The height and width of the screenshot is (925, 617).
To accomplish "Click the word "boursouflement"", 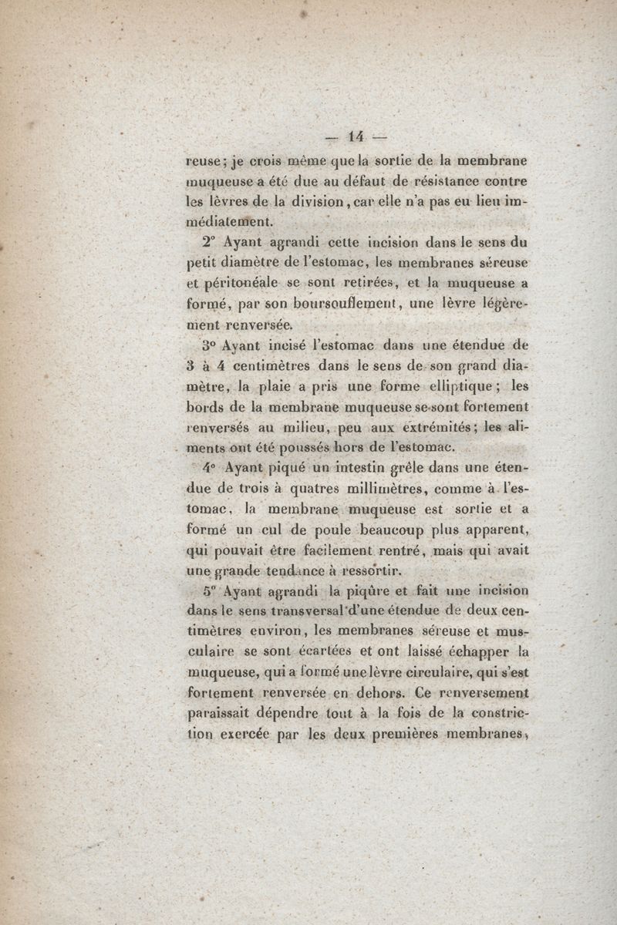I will (339, 304).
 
